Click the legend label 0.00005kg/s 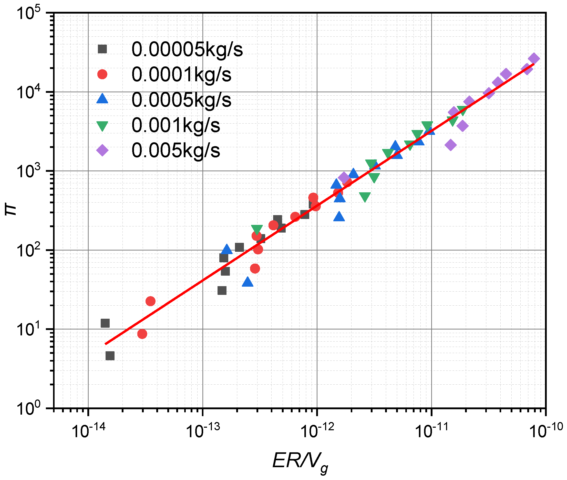[187, 49]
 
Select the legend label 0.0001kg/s [181, 75]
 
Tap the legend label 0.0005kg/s [181, 100]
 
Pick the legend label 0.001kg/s [176, 125]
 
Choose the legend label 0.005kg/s [176, 150]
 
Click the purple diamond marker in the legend [102, 151]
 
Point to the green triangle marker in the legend [102, 126]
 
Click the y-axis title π [11, 210]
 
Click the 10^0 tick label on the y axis [28, 408]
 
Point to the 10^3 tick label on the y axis [28, 171]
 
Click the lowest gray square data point [110, 356]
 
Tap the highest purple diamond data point [533, 58]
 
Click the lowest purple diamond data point [451, 145]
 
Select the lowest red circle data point [142, 334]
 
